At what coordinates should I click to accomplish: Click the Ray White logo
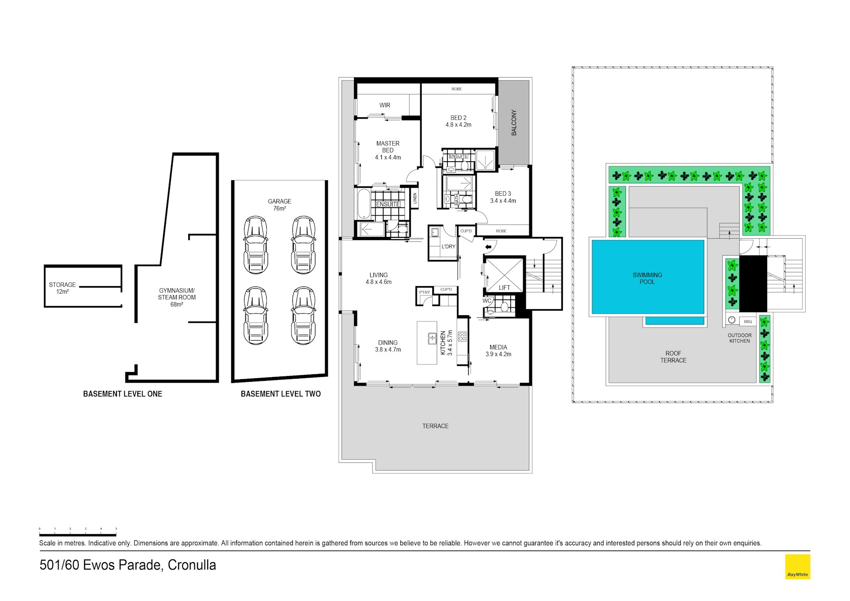[797, 567]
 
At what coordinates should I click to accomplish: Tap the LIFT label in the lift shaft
[505, 288]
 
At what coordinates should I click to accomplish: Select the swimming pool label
[647, 278]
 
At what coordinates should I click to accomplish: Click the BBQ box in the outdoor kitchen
[748, 322]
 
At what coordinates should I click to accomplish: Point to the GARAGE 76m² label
[279, 205]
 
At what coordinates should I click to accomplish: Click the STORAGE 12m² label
[62, 288]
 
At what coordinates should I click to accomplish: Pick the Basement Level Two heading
[281, 394]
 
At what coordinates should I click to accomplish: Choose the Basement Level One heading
[123, 394]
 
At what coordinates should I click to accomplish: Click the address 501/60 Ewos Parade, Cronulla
[128, 565]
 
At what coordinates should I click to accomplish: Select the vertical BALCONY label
[514, 123]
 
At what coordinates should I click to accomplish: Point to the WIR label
[384, 105]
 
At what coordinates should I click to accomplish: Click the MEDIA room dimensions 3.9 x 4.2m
[498, 354]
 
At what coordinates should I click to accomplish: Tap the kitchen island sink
[432, 338]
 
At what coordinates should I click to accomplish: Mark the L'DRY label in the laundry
[448, 247]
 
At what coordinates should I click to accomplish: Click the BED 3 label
[503, 194]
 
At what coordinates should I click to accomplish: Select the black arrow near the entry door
[488, 247]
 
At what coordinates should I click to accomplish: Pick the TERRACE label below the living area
[435, 426]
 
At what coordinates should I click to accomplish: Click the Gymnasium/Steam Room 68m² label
[177, 298]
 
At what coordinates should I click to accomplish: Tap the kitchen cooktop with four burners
[462, 337]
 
